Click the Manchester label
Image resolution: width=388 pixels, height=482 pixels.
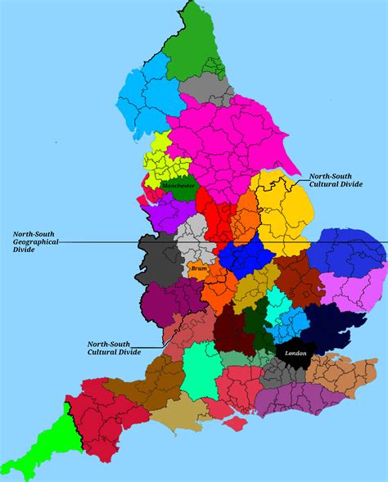[179, 187]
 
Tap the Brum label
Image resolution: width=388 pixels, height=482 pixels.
[199, 268]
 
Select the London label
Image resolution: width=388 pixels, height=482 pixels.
[296, 353]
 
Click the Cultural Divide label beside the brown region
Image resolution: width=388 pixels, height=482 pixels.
[114, 348]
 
